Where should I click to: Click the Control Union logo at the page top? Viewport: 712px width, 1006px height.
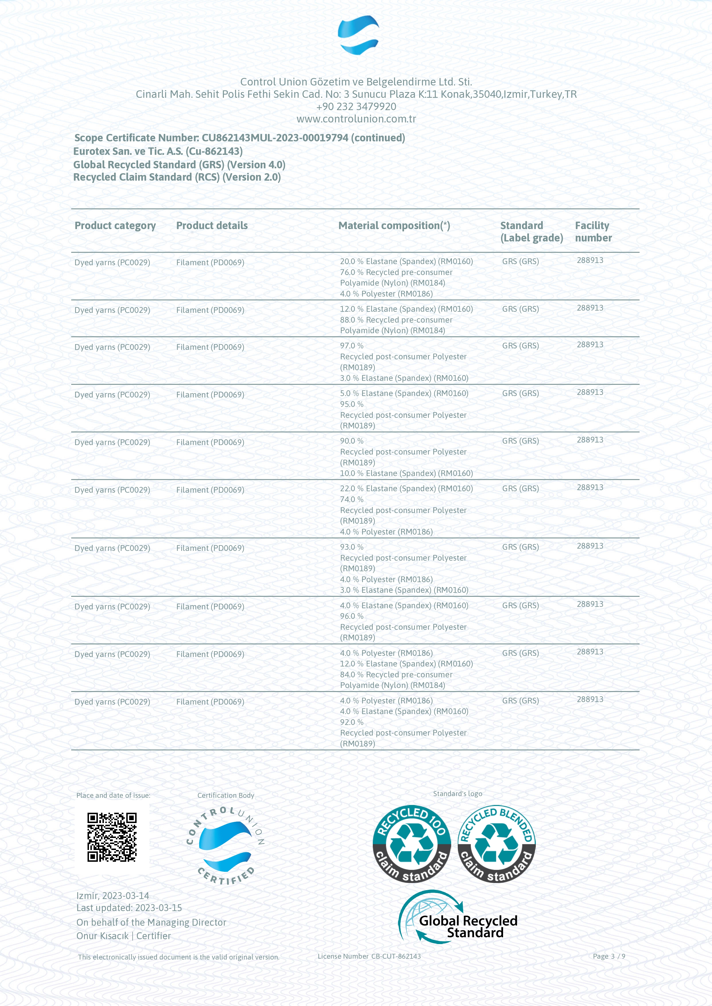pos(358,35)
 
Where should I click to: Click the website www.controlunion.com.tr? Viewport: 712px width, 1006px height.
pos(356,119)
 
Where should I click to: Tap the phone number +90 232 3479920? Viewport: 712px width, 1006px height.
pos(356,106)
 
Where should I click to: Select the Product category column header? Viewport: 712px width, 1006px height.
pos(115,226)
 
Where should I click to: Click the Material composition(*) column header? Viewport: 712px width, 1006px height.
pos(394,226)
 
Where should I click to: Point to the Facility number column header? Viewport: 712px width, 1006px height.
pos(593,231)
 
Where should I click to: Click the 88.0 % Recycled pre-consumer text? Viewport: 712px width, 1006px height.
pos(396,320)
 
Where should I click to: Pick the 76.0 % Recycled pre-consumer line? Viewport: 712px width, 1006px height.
pos(396,272)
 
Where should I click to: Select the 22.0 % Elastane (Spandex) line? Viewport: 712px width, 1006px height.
pos(406,489)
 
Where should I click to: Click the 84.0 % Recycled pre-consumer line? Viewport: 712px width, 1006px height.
pos(396,675)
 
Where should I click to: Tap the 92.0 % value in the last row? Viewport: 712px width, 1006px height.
pos(352,722)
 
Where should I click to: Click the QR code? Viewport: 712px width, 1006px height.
pos(112,837)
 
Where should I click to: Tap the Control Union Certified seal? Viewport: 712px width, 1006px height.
pos(225,846)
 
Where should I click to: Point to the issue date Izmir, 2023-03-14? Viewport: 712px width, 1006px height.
pos(113,896)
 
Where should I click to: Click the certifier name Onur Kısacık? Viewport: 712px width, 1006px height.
pos(102,936)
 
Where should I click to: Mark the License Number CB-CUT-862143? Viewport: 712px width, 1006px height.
pos(369,956)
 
